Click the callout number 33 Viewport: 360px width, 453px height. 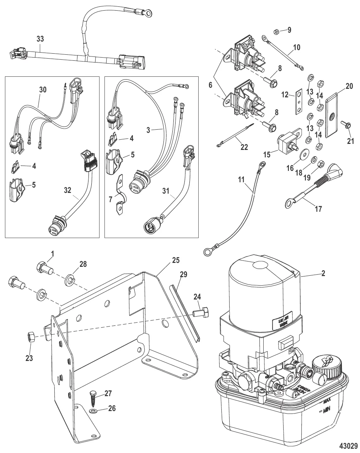point(40,38)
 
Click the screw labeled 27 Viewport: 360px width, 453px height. point(93,399)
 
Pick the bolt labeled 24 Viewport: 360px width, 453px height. point(202,312)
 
